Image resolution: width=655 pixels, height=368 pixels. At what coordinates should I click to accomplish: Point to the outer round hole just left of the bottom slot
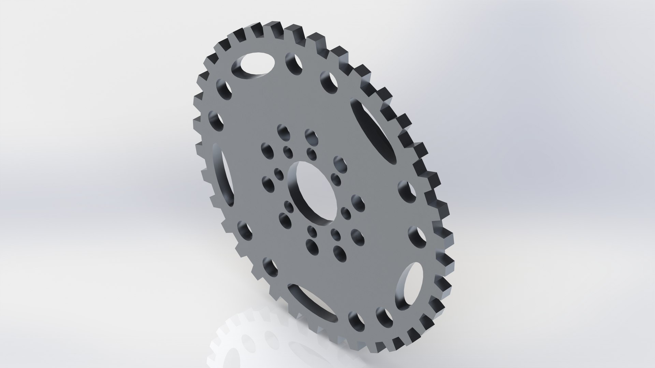270,267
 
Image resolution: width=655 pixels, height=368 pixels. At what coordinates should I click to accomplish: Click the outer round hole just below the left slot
244,230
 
